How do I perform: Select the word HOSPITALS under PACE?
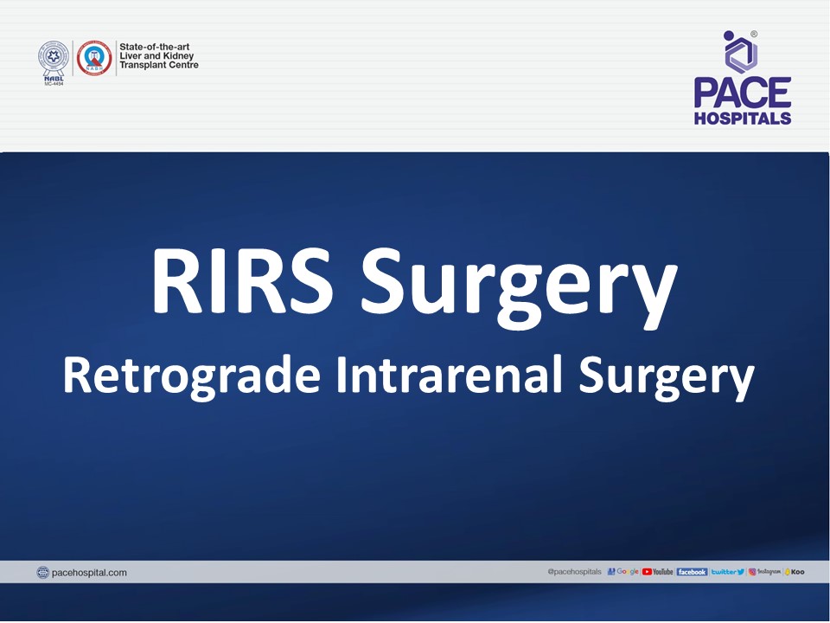click(x=742, y=119)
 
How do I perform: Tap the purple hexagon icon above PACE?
click(x=741, y=53)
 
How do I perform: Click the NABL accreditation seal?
click(x=53, y=58)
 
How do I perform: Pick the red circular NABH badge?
click(x=94, y=58)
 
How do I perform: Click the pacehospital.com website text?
click(x=89, y=572)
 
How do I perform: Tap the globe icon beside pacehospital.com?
click(x=43, y=572)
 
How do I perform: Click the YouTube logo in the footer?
click(x=658, y=572)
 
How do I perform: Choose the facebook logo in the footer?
click(x=692, y=572)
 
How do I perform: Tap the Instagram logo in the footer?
click(x=765, y=572)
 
